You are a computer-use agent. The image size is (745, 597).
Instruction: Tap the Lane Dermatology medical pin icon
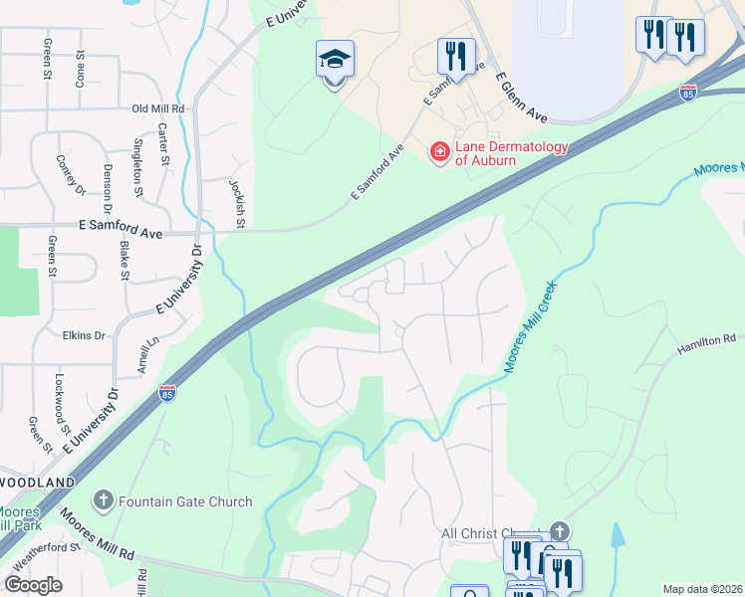[438, 152]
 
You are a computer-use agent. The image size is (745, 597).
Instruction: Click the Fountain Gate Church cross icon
[103, 500]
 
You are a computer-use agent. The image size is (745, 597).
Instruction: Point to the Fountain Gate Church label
[185, 501]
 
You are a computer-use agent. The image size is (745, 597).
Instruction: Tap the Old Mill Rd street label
[158, 108]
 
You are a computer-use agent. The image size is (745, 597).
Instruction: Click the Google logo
[32, 585]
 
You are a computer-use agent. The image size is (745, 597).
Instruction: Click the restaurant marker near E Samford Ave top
[456, 56]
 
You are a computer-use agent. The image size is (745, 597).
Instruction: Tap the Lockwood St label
[60, 395]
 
